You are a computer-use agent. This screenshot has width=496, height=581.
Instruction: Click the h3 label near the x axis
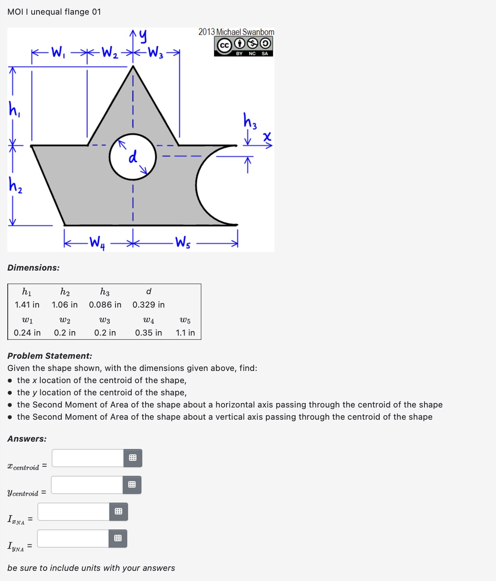pos(250,121)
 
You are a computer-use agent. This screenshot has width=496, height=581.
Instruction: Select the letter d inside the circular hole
pos(133,157)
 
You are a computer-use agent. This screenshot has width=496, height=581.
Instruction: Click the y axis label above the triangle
pos(142,37)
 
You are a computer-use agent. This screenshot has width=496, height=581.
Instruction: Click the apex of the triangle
pos(133,66)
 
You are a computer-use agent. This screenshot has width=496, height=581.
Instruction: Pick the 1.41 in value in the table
pos(27,305)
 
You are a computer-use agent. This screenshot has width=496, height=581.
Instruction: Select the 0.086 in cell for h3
pos(105,305)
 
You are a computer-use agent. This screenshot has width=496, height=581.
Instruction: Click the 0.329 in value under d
pos(148,305)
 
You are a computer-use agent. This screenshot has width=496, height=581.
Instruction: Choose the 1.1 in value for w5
pos(185,333)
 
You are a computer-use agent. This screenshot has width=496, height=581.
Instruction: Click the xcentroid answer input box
pos(88,458)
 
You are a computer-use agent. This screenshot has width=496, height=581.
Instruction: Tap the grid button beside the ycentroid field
pos(132,485)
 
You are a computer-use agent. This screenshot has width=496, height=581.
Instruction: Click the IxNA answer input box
pos(74,512)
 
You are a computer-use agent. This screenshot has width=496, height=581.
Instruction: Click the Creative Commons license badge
pos(244,46)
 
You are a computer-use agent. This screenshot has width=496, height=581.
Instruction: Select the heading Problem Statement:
pos(50,356)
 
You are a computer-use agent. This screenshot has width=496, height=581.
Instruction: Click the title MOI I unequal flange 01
pos(54,12)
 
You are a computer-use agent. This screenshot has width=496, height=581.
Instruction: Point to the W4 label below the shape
pos(97,243)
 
